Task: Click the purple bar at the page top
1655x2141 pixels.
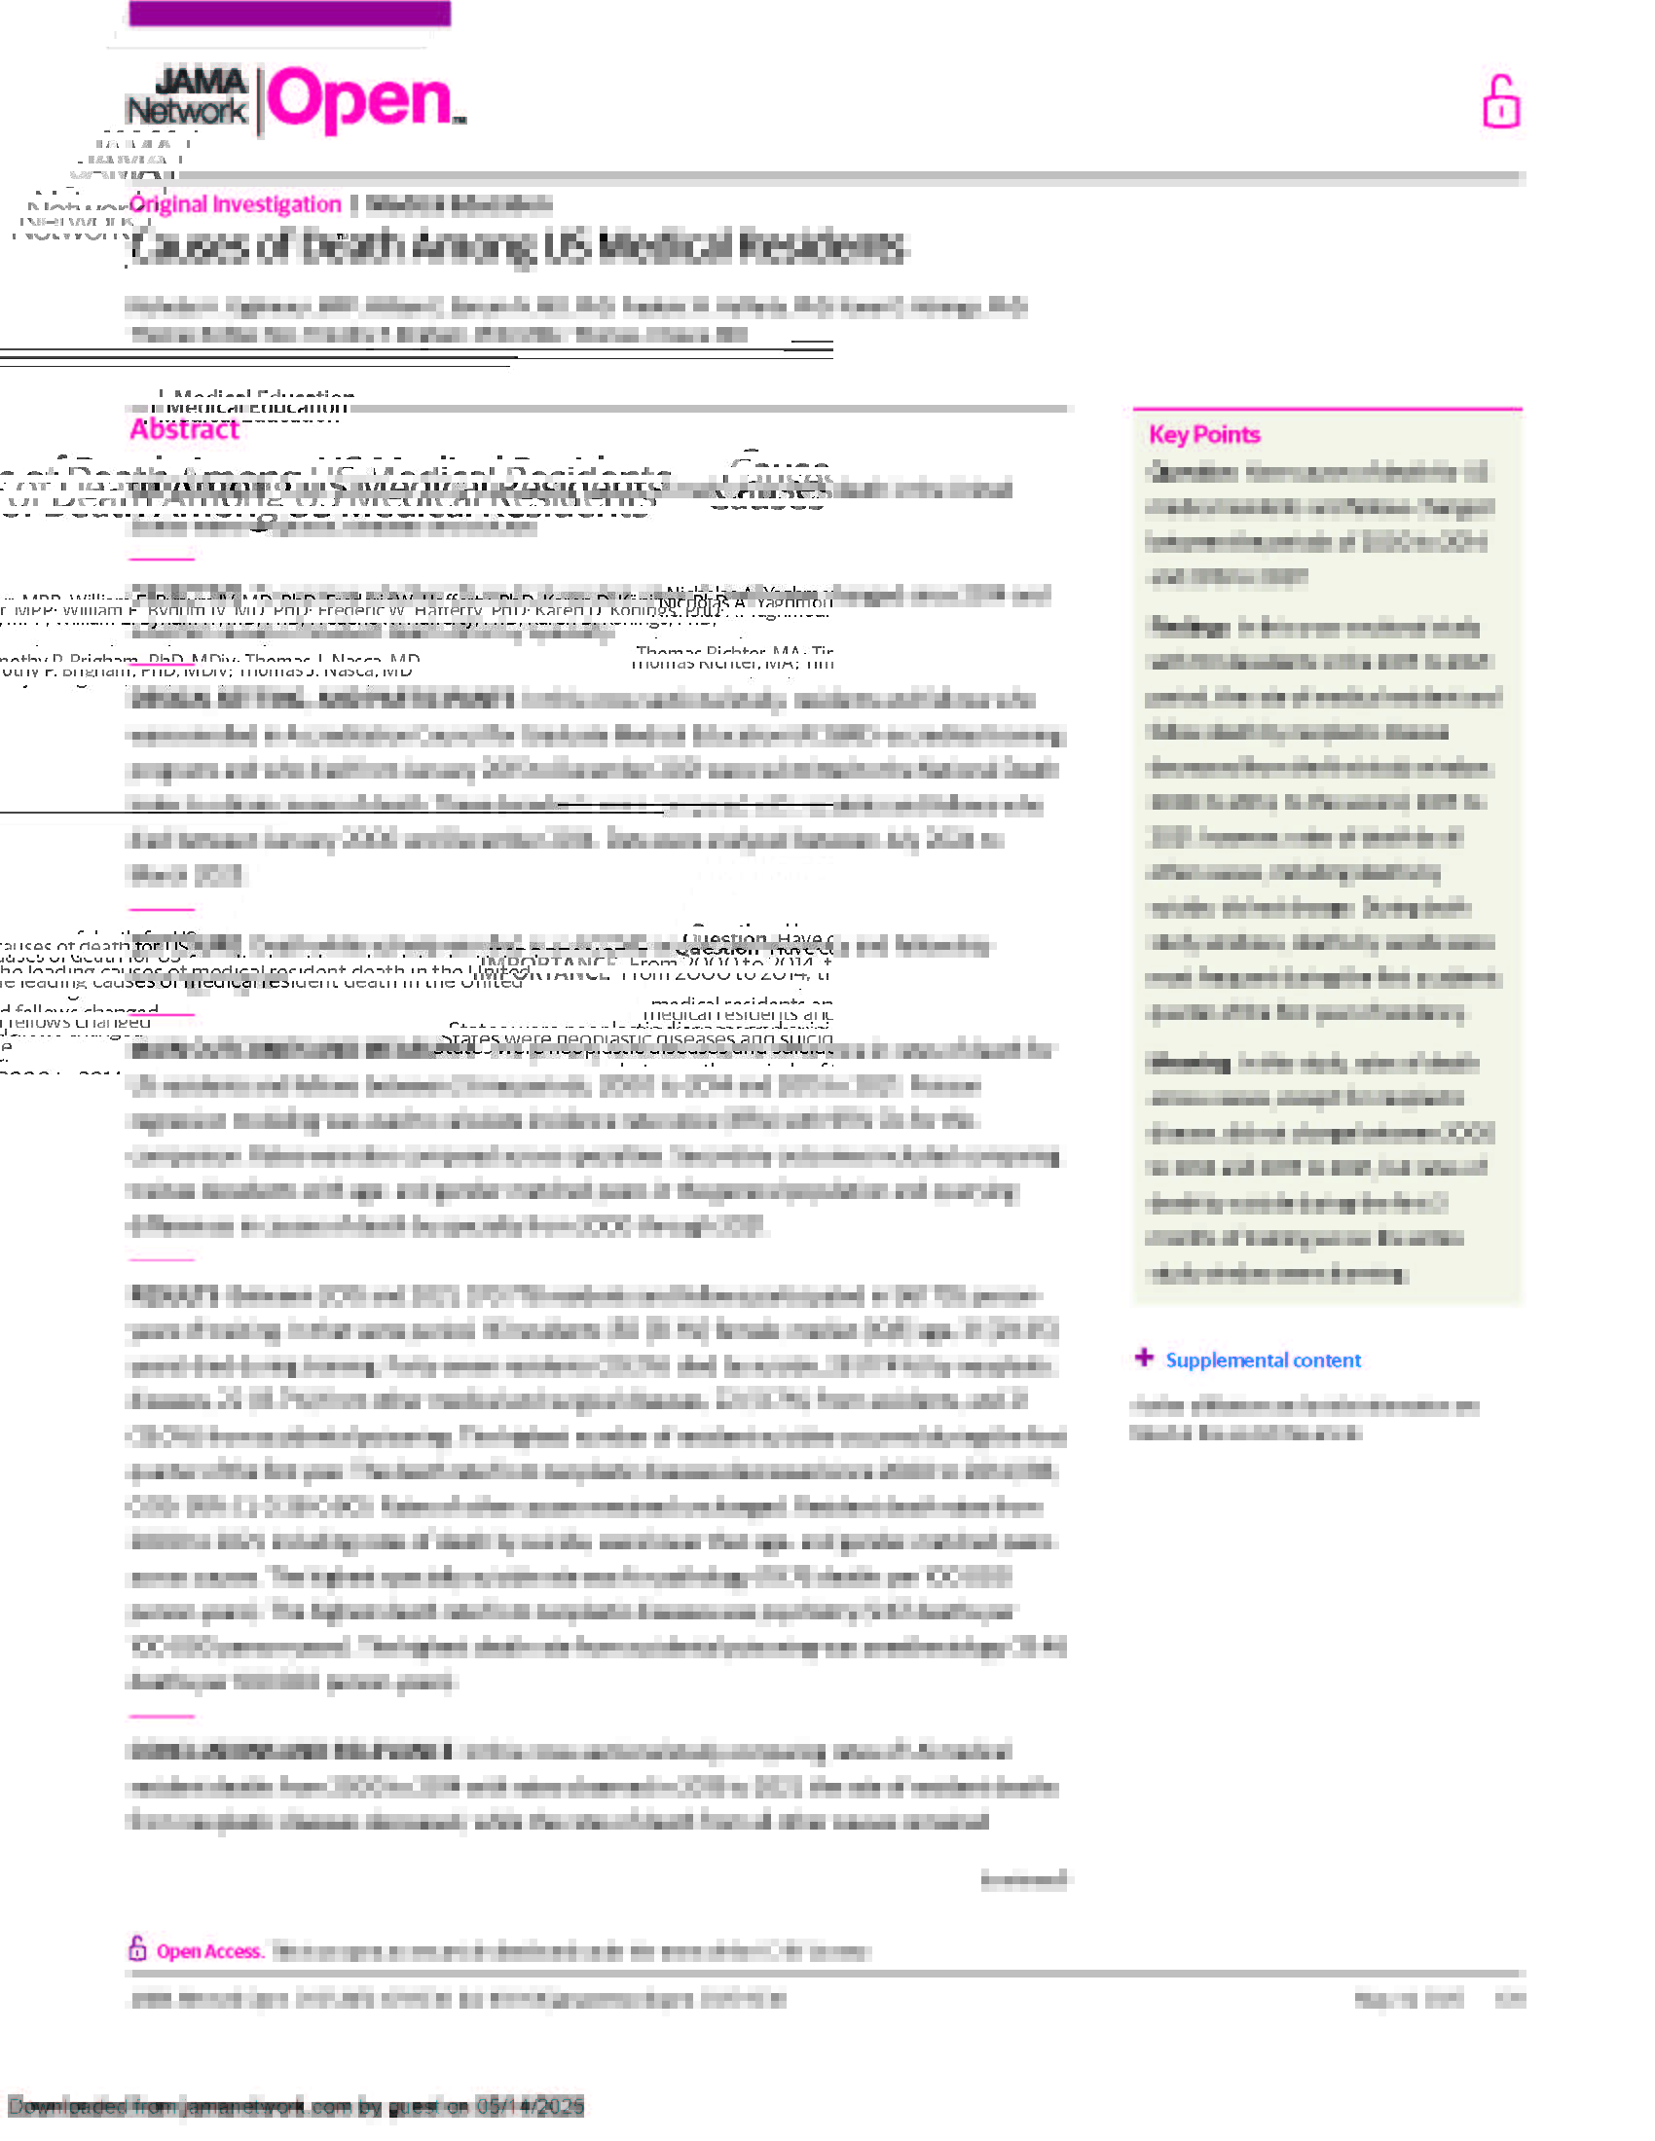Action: (289, 14)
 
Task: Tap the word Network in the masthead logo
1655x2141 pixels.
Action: (186, 111)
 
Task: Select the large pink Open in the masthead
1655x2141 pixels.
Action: (361, 100)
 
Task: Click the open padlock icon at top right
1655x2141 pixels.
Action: (1500, 102)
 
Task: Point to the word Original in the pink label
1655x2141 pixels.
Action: (168, 204)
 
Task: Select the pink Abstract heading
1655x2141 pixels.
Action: (184, 429)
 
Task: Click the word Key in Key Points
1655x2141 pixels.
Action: (1166, 434)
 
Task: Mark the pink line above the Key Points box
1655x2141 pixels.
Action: (1327, 408)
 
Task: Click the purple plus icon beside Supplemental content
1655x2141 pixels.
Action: (1143, 1358)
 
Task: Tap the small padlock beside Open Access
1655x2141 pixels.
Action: (138, 1948)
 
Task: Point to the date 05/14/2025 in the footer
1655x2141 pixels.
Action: (530, 2106)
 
